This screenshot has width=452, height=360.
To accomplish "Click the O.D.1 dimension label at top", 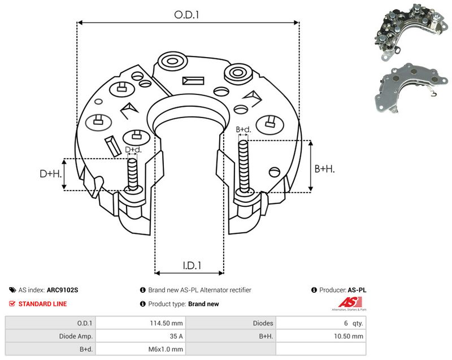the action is [187, 15].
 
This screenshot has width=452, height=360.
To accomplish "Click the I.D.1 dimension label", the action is [192, 265].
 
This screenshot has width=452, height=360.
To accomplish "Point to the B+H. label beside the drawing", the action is [324, 168].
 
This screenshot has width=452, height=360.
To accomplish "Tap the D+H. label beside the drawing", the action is [51, 174].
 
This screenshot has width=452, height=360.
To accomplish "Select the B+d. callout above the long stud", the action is [244, 129].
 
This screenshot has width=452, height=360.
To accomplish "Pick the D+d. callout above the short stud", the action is [133, 150].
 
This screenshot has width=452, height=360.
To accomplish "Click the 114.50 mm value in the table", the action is [166, 323].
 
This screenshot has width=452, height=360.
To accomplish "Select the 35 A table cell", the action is [176, 336].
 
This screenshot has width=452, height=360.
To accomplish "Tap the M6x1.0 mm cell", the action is [166, 349].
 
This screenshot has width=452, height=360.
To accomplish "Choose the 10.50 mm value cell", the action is [349, 336].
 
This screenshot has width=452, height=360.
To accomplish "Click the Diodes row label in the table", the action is [263, 323].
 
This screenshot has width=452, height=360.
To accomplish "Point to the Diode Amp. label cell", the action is [76, 336].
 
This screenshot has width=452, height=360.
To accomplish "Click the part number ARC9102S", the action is [62, 290].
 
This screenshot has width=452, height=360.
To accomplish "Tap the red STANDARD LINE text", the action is [42, 304].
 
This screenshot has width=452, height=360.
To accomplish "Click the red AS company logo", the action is [350, 303].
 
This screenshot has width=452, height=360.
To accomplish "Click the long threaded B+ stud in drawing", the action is [244, 167].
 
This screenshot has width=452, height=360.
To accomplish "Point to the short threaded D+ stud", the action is [133, 175].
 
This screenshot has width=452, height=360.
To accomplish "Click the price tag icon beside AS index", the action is [12, 290].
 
